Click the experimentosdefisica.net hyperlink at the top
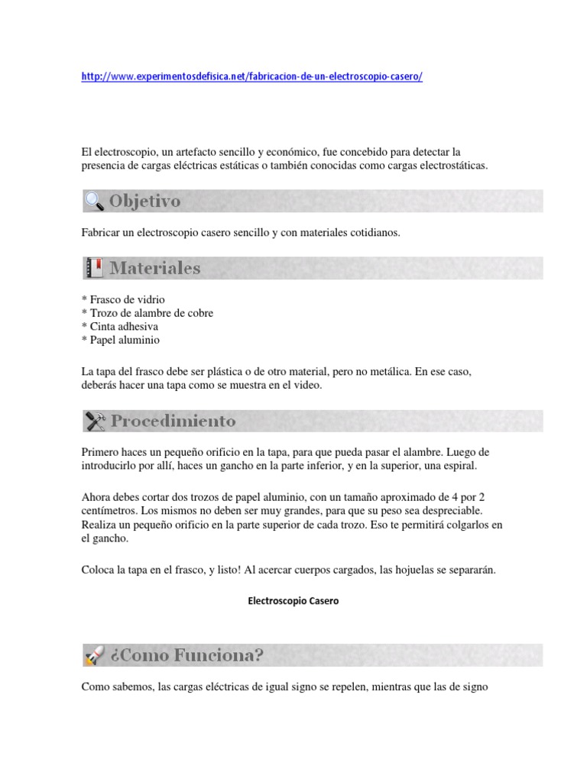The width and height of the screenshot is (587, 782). [x=251, y=77]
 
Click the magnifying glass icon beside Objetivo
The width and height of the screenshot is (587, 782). [x=94, y=202]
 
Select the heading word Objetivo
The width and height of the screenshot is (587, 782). [x=145, y=202]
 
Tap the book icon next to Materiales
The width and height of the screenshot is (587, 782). [x=94, y=268]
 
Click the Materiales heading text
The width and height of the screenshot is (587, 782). [x=155, y=268]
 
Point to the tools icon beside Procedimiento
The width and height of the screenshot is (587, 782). [x=95, y=421]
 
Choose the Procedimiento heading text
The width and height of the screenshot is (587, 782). [x=174, y=421]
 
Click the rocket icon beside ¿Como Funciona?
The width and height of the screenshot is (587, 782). [x=94, y=655]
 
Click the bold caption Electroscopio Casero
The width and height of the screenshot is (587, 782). [x=293, y=601]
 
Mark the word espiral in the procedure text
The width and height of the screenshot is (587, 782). [x=459, y=466]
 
